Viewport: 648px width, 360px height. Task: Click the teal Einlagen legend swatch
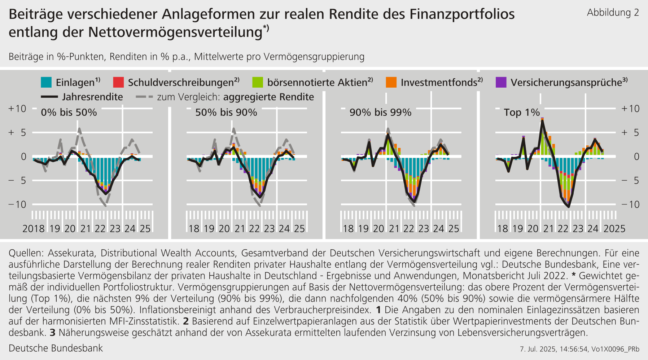click(x=46, y=82)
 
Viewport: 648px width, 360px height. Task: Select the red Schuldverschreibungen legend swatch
click(x=118, y=82)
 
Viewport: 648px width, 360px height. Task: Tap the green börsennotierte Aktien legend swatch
click(x=258, y=82)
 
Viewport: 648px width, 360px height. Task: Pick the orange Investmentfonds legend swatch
click(x=391, y=82)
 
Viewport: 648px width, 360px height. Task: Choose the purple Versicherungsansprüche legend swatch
click(x=501, y=82)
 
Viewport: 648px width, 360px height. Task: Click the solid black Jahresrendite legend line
click(x=49, y=97)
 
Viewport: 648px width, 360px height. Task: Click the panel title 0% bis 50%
click(x=69, y=113)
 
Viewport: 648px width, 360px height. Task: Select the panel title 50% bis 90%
click(x=226, y=113)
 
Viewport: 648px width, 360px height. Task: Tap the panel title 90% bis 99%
click(x=380, y=113)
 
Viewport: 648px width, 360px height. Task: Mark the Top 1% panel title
click(x=522, y=113)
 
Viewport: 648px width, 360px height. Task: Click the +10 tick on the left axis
click(x=17, y=109)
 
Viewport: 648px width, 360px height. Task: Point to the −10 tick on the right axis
click(x=630, y=205)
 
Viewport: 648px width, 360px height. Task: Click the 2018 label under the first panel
click(x=34, y=229)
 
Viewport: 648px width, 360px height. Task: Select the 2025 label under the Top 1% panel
click(x=614, y=229)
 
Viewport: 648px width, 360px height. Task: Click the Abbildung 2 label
click(x=613, y=13)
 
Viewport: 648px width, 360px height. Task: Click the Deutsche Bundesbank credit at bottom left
click(x=56, y=348)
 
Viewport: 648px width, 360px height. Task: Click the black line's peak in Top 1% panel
click(x=542, y=121)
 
